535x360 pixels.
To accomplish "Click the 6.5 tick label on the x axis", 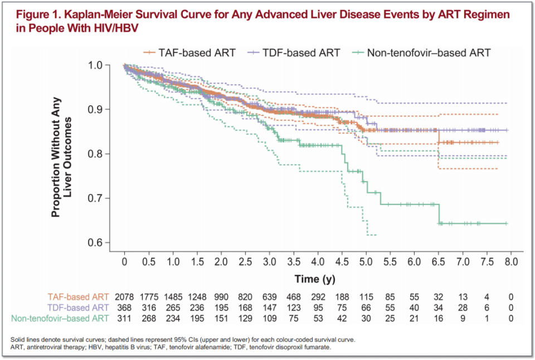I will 439,262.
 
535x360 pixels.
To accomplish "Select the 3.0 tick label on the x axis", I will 269,262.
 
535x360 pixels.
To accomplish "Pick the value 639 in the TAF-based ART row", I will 269,296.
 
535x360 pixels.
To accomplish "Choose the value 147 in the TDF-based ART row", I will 269,307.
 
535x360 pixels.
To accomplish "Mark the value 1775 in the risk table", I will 149,296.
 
